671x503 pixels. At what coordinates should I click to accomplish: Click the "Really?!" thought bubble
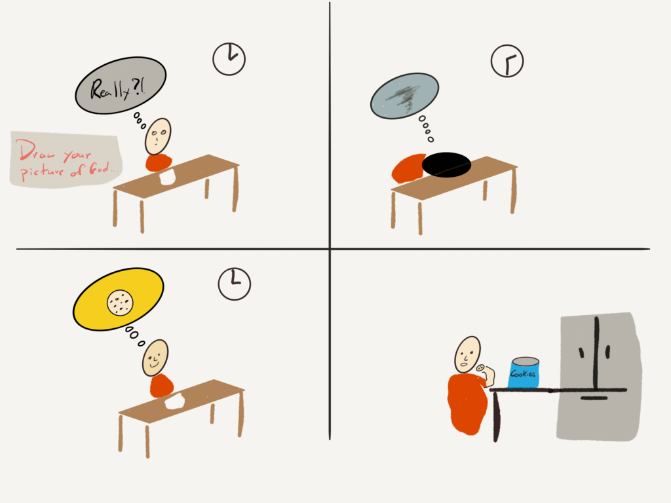pos(121,85)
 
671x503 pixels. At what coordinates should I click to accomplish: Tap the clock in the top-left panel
pos(229,59)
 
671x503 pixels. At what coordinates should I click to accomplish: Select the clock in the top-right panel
pos(507,61)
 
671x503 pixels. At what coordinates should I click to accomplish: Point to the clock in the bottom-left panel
pos(235,284)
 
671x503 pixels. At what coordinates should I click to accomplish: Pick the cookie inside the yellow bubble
pos(120,303)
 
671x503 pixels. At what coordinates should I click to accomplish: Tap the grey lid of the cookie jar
pos(526,362)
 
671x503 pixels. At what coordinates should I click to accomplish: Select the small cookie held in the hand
pos(480,368)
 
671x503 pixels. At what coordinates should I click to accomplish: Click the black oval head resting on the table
pos(446,164)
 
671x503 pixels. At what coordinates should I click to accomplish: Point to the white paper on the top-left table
pos(167,177)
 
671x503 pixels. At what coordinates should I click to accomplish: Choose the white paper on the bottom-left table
pos(175,401)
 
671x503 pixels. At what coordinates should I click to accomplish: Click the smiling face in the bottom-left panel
pos(155,358)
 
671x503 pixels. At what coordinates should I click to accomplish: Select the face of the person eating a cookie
pos(467,354)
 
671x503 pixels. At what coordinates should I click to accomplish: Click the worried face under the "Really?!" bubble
pos(158,136)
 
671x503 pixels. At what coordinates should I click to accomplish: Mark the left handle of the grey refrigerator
pos(581,353)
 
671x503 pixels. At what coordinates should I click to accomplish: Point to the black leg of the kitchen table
pos(496,417)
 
